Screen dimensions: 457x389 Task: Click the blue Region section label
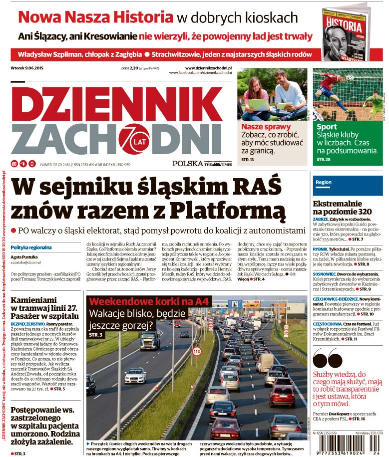[324, 183]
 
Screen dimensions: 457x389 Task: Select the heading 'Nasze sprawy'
[259, 127]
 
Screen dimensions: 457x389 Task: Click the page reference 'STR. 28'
[324, 159]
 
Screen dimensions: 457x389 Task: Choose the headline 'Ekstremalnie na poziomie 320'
[341, 208]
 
